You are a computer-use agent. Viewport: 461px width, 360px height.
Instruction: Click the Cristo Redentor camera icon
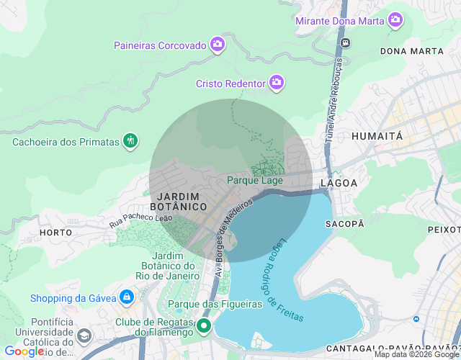[276, 84]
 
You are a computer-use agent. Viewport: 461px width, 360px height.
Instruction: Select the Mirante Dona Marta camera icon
[395, 20]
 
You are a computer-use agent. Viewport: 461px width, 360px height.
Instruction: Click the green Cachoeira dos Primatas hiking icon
[130, 141]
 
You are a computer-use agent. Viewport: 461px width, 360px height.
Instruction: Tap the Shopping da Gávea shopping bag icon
[127, 297]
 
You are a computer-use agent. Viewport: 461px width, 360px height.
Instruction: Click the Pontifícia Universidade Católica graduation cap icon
[84, 336]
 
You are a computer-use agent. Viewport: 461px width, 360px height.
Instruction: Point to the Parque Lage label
[255, 180]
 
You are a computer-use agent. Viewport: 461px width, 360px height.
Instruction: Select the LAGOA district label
[339, 183]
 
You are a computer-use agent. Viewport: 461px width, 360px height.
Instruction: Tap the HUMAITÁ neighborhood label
[377, 135]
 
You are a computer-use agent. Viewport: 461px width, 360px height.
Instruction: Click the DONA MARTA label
[411, 51]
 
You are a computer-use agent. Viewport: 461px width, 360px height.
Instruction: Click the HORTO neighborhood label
[55, 233]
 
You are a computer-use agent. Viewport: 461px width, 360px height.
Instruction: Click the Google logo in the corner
[24, 351]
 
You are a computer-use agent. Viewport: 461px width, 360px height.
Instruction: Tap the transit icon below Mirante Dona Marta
[346, 42]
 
